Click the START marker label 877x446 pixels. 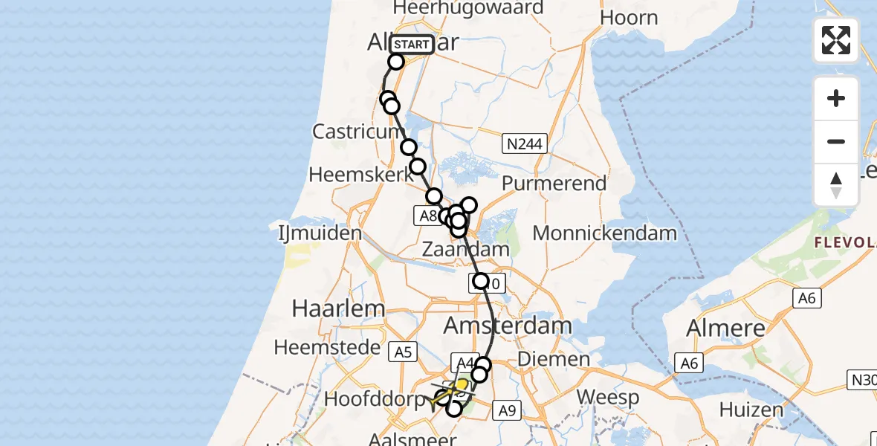[412, 45]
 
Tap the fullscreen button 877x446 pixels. [836, 40]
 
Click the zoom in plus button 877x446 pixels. [836, 98]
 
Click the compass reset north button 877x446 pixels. [836, 185]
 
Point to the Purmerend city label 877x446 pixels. [554, 183]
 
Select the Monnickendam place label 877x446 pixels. [604, 233]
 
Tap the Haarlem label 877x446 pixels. [328, 308]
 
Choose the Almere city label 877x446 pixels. [726, 328]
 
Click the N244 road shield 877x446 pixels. [524, 143]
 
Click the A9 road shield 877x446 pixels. [507, 410]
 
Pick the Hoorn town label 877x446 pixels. [629, 18]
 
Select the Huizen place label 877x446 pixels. [751, 409]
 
